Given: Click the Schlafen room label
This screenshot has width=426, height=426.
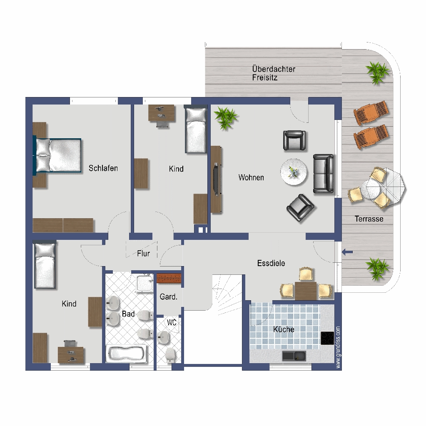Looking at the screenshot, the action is point(103,168).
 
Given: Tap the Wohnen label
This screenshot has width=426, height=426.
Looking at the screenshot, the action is point(251,177).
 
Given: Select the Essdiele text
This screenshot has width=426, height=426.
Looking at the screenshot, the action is point(271,263).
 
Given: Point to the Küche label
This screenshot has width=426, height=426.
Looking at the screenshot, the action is point(284,329).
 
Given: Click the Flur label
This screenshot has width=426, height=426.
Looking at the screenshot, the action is point(143,254).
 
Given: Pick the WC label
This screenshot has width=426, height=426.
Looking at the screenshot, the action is point(172,322).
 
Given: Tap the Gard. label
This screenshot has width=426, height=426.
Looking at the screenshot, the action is point(169,296).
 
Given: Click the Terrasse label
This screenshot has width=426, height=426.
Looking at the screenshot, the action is point(369,219).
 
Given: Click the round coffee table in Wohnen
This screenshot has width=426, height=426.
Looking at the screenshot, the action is point(294,172).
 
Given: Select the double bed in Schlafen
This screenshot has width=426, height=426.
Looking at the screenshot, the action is point(57,155).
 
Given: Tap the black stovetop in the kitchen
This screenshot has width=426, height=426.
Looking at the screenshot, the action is point(327,338).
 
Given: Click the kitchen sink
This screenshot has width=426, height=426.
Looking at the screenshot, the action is point(294,356).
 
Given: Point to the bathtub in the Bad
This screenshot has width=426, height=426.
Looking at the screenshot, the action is point(126,354).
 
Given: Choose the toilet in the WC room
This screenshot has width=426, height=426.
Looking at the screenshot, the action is point(170,354).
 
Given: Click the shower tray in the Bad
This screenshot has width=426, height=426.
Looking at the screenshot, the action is point(145,284).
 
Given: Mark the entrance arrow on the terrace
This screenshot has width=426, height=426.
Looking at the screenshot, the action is point(347,252).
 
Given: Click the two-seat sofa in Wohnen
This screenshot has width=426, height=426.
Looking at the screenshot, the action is point(324,174).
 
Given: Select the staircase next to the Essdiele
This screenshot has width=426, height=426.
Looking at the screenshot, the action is point(227,295).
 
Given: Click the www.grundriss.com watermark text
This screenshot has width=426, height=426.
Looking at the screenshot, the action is point(338,347).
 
